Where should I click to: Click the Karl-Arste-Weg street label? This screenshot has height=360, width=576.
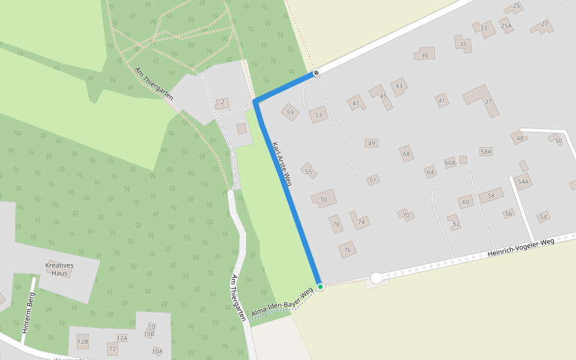point(281,164)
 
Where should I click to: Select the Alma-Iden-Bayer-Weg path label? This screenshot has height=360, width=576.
point(283,304)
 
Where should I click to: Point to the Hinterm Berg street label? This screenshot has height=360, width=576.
point(28,313)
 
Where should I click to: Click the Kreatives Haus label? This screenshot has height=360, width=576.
point(59,269)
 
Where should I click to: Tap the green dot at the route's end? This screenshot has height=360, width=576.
point(320,287)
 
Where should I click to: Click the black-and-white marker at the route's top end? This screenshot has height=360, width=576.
point(316,73)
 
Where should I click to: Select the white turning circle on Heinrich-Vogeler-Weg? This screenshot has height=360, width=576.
point(376,278)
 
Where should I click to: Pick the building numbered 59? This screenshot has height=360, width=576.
point(290,112)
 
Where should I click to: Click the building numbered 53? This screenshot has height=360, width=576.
point(319,115)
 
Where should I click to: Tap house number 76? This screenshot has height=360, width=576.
point(347,250)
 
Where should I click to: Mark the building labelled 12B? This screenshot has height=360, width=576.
point(83,342)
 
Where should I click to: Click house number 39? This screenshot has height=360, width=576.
point(424,55)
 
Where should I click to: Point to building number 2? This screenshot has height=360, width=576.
point(222,103)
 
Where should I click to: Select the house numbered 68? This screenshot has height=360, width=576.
point(407,154)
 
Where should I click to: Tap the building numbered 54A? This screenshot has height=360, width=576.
point(523,181)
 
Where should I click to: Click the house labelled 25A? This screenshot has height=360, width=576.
point(506,26)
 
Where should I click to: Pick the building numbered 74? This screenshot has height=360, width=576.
point(360,221)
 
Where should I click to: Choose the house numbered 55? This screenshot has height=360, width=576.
point(308,171)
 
